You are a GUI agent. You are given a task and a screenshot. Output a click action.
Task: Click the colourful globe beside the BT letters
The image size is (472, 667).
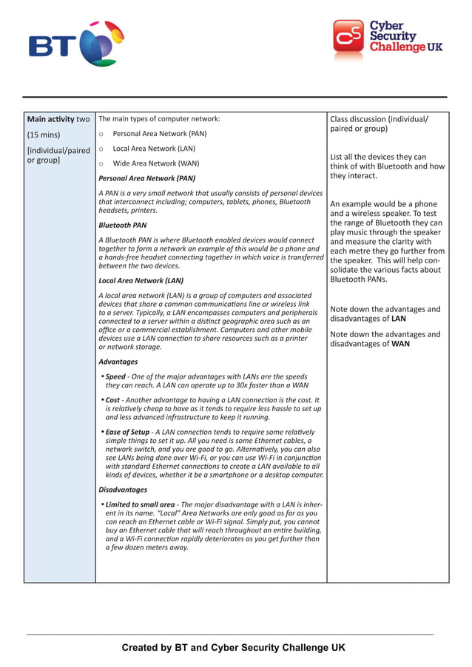point(101,44)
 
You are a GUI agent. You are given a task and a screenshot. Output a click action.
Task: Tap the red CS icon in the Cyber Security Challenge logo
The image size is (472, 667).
point(348,37)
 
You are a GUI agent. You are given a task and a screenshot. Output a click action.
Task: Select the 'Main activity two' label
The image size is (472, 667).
point(58,119)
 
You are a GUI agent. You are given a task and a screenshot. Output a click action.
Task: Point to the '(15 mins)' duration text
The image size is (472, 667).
point(43,135)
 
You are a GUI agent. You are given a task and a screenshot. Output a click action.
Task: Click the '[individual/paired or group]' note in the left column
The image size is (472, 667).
point(58,155)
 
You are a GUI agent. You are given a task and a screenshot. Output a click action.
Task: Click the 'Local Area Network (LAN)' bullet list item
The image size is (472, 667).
point(154,149)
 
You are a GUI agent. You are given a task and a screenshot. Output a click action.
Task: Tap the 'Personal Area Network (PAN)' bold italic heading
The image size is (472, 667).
point(146,178)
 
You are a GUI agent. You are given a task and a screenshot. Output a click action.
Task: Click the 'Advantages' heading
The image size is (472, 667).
point(118,362)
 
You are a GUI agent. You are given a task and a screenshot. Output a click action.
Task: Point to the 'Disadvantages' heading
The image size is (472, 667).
point(123,490)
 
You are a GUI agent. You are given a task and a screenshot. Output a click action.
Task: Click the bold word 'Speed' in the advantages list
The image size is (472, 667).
point(115,376)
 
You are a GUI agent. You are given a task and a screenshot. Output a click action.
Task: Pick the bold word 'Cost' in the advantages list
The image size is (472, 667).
point(113,399)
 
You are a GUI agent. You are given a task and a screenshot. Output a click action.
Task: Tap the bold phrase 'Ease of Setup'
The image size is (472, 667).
point(128,432)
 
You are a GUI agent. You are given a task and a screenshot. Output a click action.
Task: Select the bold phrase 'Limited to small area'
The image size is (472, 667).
point(140,504)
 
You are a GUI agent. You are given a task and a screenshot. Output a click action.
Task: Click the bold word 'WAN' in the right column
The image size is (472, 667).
point(400,344)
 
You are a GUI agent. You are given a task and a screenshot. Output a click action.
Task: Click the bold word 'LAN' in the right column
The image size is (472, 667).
point(398,319)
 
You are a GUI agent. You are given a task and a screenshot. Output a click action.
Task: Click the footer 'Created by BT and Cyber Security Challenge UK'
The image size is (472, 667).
point(233,648)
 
